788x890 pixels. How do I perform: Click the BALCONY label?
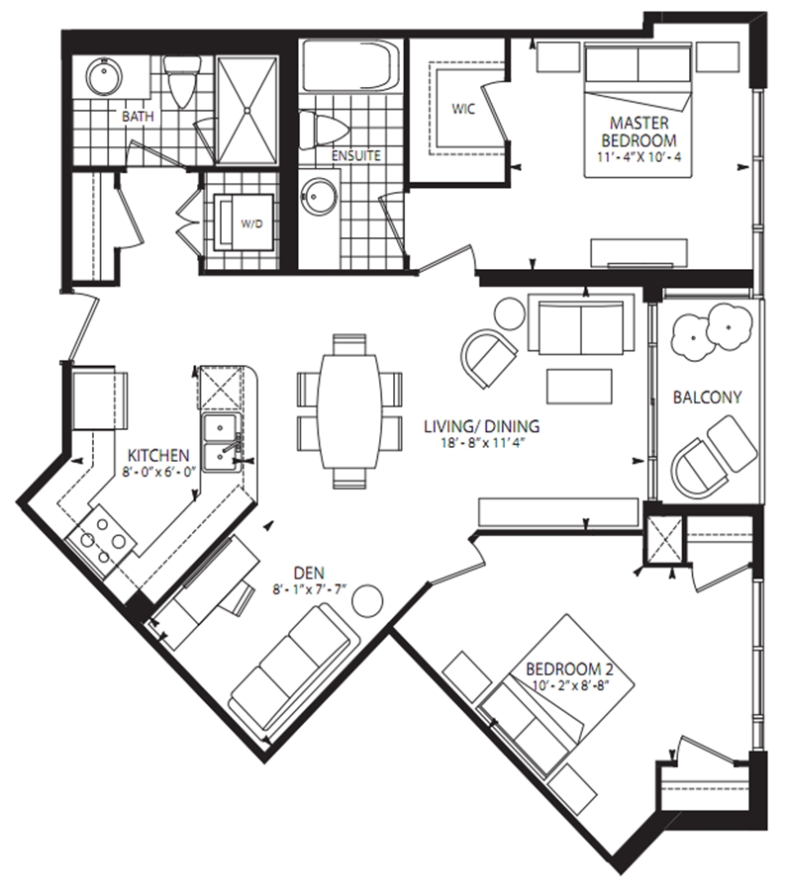point(708,397)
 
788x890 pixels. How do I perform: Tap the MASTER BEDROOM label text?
point(640,132)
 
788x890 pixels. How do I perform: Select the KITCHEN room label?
point(158,455)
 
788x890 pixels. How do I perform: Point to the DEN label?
point(309,573)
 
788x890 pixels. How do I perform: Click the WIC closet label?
point(463,109)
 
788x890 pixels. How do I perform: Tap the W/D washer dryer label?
point(251,223)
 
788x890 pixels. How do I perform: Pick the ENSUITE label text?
point(356,155)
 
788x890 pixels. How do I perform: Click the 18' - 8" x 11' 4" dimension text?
point(482,443)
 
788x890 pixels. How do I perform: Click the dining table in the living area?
point(349,411)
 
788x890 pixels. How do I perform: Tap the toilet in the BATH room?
point(182,81)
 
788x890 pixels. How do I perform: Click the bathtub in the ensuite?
point(350,64)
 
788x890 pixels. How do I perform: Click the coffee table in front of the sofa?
point(580,386)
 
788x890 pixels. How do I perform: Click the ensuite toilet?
point(323,131)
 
